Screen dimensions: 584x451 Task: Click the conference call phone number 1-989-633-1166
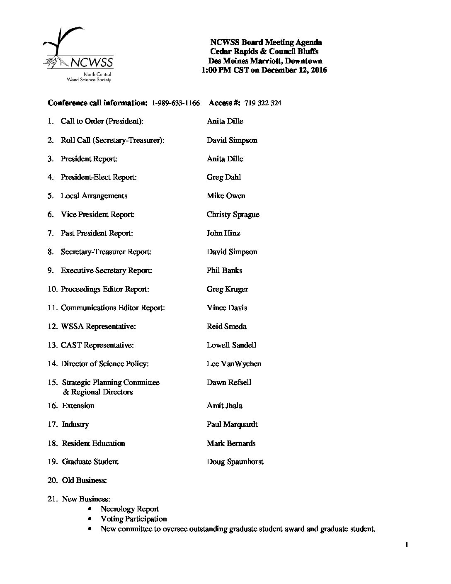(x=176, y=103)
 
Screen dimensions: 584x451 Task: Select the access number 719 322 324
(x=263, y=103)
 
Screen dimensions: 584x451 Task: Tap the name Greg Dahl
(x=223, y=178)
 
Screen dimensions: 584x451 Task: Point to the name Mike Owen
(x=226, y=196)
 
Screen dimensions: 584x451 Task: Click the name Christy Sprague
(x=233, y=215)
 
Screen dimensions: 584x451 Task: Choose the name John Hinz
(x=223, y=234)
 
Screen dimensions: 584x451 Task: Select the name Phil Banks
(x=224, y=271)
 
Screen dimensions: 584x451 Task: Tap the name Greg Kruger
(x=227, y=290)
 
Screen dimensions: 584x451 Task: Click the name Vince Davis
(x=227, y=308)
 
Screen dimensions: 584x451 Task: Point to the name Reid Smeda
(x=226, y=327)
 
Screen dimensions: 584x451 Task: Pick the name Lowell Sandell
(x=231, y=346)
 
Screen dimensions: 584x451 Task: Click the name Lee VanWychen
(x=234, y=364)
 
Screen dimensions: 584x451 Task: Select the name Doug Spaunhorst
(x=235, y=462)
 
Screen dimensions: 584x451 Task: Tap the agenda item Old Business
(x=84, y=481)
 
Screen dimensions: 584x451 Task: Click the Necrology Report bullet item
(x=130, y=509)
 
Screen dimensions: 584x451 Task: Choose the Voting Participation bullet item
(x=133, y=519)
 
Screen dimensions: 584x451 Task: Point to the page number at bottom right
(x=407, y=545)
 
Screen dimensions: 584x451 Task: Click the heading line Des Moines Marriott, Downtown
(x=265, y=61)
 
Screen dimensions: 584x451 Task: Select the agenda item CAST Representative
(x=97, y=346)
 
